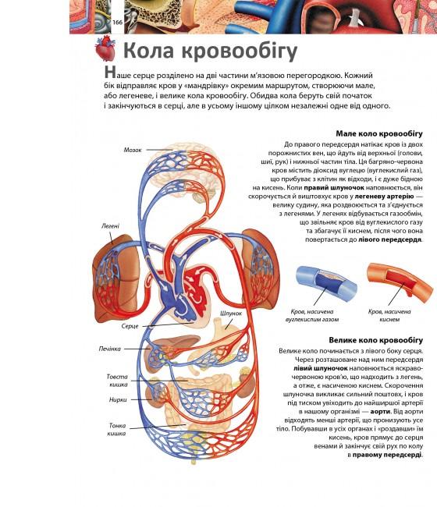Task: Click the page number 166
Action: [x=117, y=22]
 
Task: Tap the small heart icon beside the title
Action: [x=105, y=49]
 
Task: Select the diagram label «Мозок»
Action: [x=133, y=150]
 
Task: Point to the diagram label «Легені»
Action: [x=110, y=226]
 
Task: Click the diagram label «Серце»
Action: [x=130, y=326]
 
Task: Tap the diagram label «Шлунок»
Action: [x=231, y=314]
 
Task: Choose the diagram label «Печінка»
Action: [x=110, y=349]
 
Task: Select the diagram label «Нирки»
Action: [x=118, y=400]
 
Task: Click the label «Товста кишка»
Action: [x=117, y=381]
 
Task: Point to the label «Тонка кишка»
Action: [x=117, y=430]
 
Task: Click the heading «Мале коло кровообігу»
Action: [x=379, y=134]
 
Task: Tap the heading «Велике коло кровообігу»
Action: [x=376, y=340]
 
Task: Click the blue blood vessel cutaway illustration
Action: [x=326, y=284]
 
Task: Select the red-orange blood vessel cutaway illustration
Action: [x=400, y=282]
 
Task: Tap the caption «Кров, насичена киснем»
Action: [x=389, y=316]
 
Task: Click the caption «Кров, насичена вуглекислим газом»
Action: [x=312, y=316]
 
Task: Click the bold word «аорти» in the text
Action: [x=381, y=412]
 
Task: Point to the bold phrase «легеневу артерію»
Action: [x=384, y=197]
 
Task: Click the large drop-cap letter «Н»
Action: [x=109, y=73]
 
